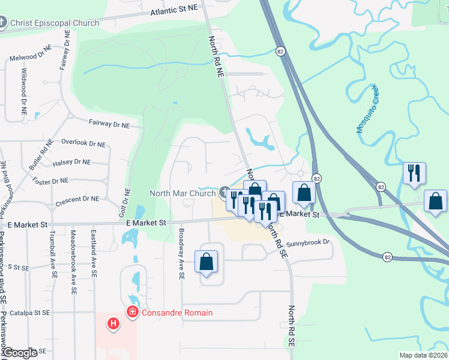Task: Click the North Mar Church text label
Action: pos(182,193)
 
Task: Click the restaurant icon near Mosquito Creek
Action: pos(414,173)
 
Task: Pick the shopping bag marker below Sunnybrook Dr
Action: pos(206,261)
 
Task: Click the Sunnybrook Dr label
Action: pos(309,243)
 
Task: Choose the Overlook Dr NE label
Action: pos(83,144)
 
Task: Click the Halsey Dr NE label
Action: pos(71,162)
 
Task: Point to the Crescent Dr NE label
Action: pos(77,199)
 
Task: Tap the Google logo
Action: pos(20,353)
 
